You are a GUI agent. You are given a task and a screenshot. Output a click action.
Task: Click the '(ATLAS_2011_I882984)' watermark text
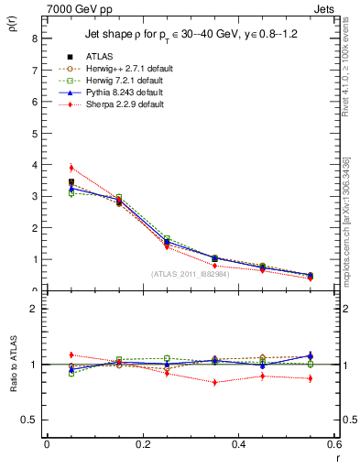[191, 274]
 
